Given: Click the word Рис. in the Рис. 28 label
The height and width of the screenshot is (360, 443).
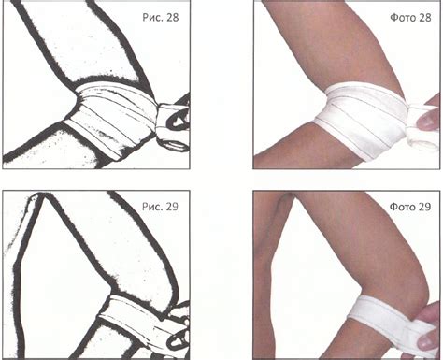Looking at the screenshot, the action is pos(151,17).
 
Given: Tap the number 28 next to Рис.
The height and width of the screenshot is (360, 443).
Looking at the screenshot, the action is pos(173,17).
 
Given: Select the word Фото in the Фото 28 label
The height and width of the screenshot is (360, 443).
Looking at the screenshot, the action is pos(400,18).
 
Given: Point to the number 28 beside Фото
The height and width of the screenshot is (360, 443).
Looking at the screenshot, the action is pos(424,18).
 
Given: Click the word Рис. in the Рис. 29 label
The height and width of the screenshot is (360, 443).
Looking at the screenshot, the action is pos(151,207).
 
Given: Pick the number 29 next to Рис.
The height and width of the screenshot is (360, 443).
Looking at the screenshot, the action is pos(172,207).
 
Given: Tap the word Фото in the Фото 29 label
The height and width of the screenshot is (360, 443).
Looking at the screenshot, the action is pos(400,207).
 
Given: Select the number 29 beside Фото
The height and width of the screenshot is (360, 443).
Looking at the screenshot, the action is pos(424,207).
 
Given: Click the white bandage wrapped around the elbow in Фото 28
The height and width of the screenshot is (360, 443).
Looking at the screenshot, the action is pos(362,120).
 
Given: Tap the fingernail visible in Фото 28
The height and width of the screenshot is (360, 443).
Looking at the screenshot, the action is pos(428,122).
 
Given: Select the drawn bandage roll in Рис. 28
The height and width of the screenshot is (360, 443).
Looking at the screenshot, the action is pos(172,128).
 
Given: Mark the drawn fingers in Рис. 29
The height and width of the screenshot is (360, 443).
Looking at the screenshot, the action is pos(179,327).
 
